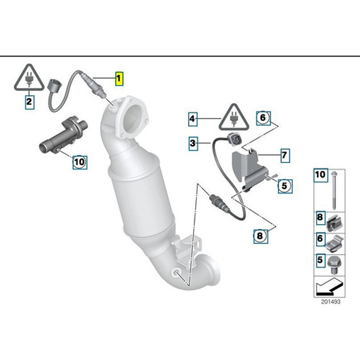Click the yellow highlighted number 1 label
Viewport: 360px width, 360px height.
coord(119,79)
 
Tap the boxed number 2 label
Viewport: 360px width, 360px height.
coord(29,101)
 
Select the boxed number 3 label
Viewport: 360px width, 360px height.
coord(193,143)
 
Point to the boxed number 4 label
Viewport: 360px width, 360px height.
coord(192,119)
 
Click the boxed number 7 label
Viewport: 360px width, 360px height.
coord(284,156)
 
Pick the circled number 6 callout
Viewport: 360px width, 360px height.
coord(262,118)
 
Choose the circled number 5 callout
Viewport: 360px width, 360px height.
coord(284,186)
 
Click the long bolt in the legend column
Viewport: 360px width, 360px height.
coord(334,190)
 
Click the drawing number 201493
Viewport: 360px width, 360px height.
coord(330,301)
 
